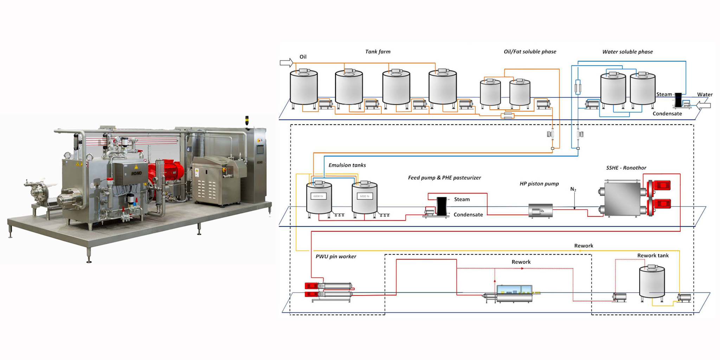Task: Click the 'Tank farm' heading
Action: click(x=378, y=52)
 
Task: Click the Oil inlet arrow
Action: click(x=286, y=63)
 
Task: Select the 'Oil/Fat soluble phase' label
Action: click(x=530, y=52)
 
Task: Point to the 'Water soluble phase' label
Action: click(x=627, y=52)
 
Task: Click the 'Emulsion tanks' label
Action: click(x=347, y=165)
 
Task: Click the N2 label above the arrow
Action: click(x=573, y=189)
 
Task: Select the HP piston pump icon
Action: click(x=540, y=211)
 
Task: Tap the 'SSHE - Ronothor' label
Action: click(x=626, y=168)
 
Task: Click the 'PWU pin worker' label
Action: click(x=336, y=257)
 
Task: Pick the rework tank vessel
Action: click(x=651, y=282)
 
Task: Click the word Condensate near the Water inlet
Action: click(x=667, y=114)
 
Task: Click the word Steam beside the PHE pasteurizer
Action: click(x=462, y=199)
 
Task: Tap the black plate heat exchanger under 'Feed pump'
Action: click(x=442, y=206)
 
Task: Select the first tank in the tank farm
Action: click(x=304, y=88)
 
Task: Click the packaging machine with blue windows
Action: click(x=514, y=293)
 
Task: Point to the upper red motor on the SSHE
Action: click(x=660, y=185)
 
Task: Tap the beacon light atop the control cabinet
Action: click(x=247, y=120)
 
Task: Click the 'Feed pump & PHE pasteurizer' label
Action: click(x=444, y=178)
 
